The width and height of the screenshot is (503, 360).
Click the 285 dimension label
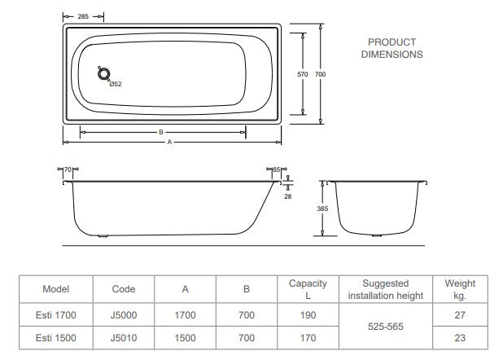(83, 16)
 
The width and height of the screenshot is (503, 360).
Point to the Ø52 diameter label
(116, 84)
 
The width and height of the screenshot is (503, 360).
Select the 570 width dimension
(303, 74)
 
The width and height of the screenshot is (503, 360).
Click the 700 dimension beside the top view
(320, 74)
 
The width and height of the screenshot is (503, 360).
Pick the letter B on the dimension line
(161, 132)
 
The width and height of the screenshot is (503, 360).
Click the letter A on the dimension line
(169, 142)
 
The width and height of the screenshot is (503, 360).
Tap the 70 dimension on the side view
(68, 169)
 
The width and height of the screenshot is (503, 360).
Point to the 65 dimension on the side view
(277, 169)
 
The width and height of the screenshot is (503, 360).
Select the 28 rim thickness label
(288, 196)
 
